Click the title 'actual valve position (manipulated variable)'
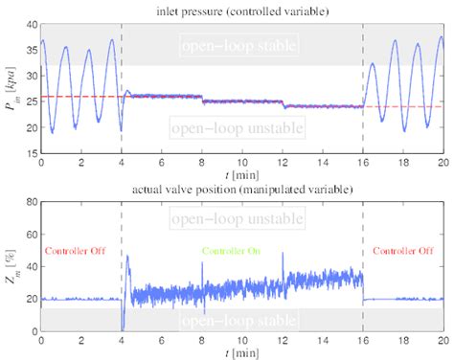click(240, 190)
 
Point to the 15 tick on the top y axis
click(31, 153)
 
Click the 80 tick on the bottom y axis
click(31, 203)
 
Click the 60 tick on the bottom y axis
click(31, 235)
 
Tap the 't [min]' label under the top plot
click(241, 177)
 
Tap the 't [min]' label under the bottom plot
click(241, 353)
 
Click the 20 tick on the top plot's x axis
click(442, 165)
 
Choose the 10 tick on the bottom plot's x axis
click(241, 342)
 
